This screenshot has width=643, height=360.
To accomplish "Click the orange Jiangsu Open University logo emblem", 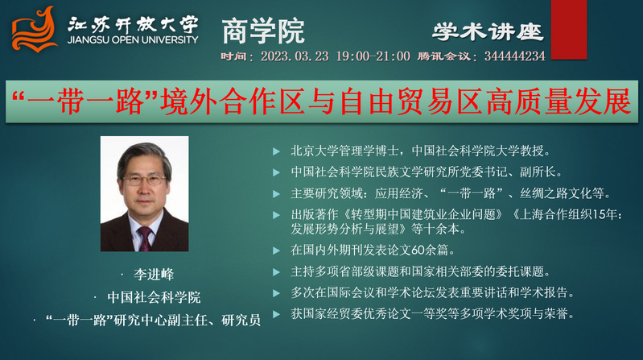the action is (x=35, y=30).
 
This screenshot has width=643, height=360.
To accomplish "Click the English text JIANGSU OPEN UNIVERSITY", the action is (x=133, y=40).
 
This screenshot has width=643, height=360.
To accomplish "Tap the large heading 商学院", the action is (x=263, y=31).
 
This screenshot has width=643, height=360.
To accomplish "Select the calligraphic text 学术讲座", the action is (x=488, y=32).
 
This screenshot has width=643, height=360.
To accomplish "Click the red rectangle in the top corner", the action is (x=569, y=30).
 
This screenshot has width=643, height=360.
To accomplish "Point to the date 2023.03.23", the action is (x=295, y=56).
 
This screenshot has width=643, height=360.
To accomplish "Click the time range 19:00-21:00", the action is (x=373, y=56).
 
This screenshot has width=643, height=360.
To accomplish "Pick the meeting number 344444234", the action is (x=515, y=56).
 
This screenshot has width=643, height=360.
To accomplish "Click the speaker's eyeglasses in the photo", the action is (x=144, y=180).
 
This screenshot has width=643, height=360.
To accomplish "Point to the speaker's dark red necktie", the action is (x=145, y=238).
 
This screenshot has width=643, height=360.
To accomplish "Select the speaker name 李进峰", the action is (x=154, y=274).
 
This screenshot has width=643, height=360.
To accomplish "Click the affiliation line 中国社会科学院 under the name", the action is (x=154, y=297).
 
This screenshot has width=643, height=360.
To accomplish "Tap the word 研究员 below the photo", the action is (x=241, y=320).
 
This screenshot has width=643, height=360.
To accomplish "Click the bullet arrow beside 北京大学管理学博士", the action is (x=276, y=151).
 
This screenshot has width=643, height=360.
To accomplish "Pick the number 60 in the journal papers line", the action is (x=418, y=250).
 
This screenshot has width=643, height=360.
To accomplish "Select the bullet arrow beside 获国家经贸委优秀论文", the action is (x=276, y=314).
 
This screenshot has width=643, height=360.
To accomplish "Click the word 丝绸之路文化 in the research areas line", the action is (x=563, y=193).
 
